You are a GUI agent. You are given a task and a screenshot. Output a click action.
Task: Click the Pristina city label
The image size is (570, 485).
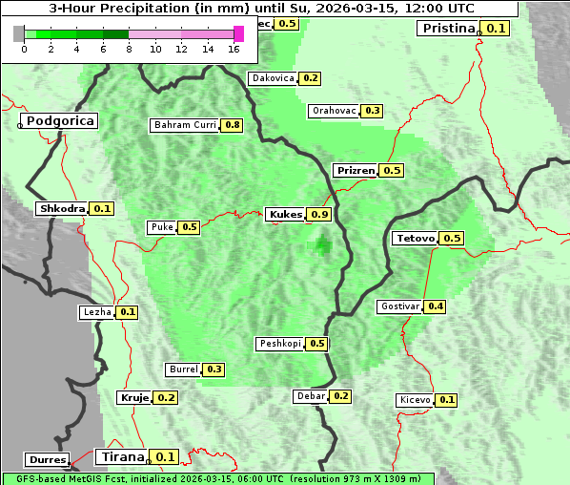[x=447, y=28]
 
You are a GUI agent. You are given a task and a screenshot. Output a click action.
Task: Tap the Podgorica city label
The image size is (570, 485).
[x=59, y=121]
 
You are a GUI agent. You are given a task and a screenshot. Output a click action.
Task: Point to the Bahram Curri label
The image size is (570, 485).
[x=185, y=125]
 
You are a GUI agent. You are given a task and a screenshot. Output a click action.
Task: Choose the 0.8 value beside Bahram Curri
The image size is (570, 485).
[x=232, y=125]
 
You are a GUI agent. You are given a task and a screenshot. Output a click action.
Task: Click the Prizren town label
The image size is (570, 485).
[x=356, y=170]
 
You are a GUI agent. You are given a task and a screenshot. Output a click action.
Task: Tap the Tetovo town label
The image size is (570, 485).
[x=416, y=238]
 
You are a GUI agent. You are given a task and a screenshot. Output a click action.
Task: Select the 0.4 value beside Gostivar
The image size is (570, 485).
[x=436, y=306]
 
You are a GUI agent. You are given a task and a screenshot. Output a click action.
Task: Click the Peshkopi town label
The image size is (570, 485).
[x=280, y=344]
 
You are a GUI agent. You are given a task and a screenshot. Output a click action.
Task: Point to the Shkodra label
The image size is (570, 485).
[x=62, y=208]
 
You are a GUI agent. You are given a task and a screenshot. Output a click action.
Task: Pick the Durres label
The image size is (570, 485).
[x=48, y=460]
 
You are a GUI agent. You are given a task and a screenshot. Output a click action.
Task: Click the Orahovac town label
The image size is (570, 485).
[x=335, y=111]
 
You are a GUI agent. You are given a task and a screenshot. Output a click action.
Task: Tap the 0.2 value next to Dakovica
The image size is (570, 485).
[x=310, y=78]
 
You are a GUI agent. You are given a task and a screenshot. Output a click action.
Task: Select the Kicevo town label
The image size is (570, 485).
[x=416, y=400]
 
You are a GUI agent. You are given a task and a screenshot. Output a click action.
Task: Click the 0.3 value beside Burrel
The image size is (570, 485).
[x=214, y=369]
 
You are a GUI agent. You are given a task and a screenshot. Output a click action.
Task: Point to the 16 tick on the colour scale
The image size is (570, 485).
[x=234, y=49]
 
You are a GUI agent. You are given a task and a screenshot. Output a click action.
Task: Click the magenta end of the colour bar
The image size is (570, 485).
[x=239, y=33]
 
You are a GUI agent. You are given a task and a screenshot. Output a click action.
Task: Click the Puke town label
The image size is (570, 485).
[x=161, y=227]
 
